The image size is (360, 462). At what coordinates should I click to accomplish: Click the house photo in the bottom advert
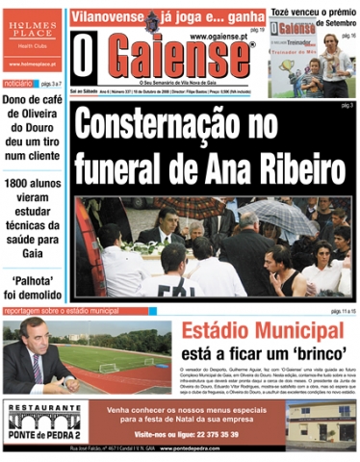pos(326,423)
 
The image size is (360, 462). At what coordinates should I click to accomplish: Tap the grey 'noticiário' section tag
pos(18,85)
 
